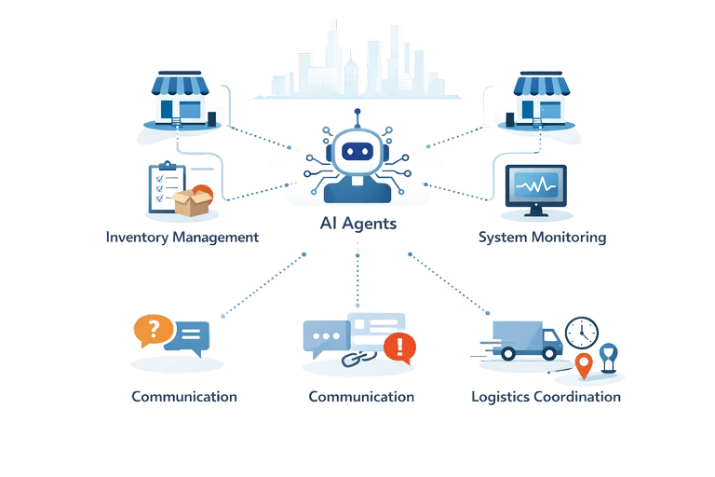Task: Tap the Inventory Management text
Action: click(182, 237)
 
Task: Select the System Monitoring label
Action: click(542, 237)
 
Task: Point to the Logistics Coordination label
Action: click(546, 396)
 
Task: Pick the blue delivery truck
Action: click(525, 339)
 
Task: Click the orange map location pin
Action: click(584, 364)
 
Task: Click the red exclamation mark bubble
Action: click(400, 348)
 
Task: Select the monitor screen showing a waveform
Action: click(534, 185)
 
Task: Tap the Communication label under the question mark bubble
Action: click(183, 396)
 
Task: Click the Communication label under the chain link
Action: click(361, 396)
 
